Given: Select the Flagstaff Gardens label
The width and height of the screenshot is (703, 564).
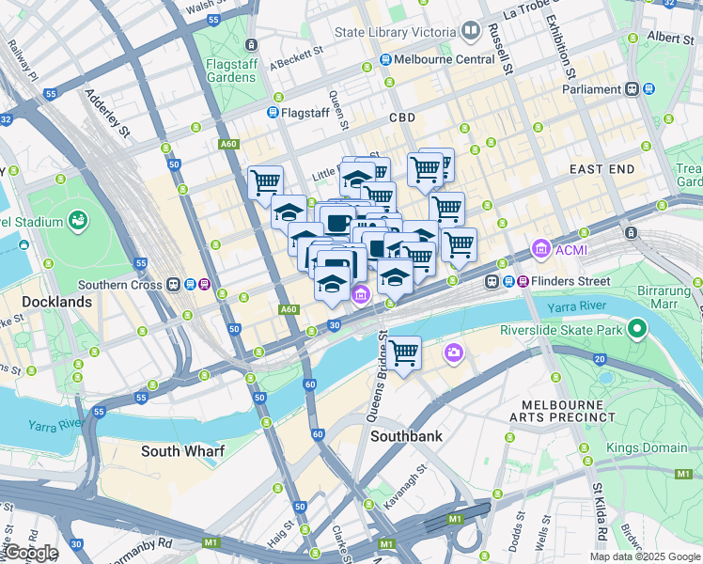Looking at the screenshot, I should pos(230,70).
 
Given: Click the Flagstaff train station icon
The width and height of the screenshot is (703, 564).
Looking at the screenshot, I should pos(273,113).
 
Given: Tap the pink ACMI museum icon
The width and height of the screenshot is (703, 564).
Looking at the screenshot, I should pos(540,250).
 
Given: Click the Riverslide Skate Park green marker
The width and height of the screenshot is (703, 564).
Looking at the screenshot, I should pos(638,329).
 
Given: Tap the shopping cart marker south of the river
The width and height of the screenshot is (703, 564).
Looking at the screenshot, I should pos(404,353).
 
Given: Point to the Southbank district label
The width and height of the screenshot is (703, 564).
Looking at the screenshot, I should pos(406,436).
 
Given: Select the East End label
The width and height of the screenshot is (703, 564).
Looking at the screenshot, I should pos(601,168).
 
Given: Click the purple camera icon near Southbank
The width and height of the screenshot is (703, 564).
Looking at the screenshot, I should pos(454,352).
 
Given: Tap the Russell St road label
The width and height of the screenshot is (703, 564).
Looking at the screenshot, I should pos(499,49).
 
